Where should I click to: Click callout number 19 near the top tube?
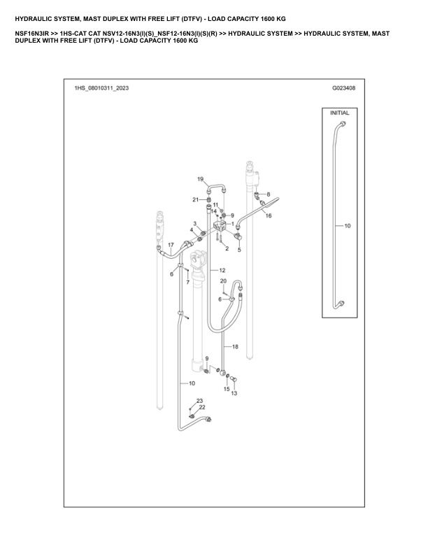(x=200, y=180)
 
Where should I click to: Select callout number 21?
(x=196, y=200)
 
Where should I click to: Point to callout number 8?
(x=267, y=194)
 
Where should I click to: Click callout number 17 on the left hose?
(x=171, y=244)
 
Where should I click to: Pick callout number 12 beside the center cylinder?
(x=222, y=269)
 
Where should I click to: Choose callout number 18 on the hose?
(x=235, y=347)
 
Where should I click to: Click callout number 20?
(x=223, y=281)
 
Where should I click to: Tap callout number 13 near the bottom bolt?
(x=234, y=394)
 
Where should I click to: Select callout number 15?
(x=227, y=388)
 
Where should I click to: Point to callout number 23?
(x=190, y=401)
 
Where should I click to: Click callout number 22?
(x=201, y=407)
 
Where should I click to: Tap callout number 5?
(x=239, y=249)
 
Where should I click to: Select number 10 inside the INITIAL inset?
(x=348, y=226)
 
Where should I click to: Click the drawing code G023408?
(x=343, y=89)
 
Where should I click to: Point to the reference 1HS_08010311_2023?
(x=101, y=89)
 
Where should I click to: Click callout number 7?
(x=187, y=282)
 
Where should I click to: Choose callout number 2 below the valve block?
(x=227, y=249)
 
